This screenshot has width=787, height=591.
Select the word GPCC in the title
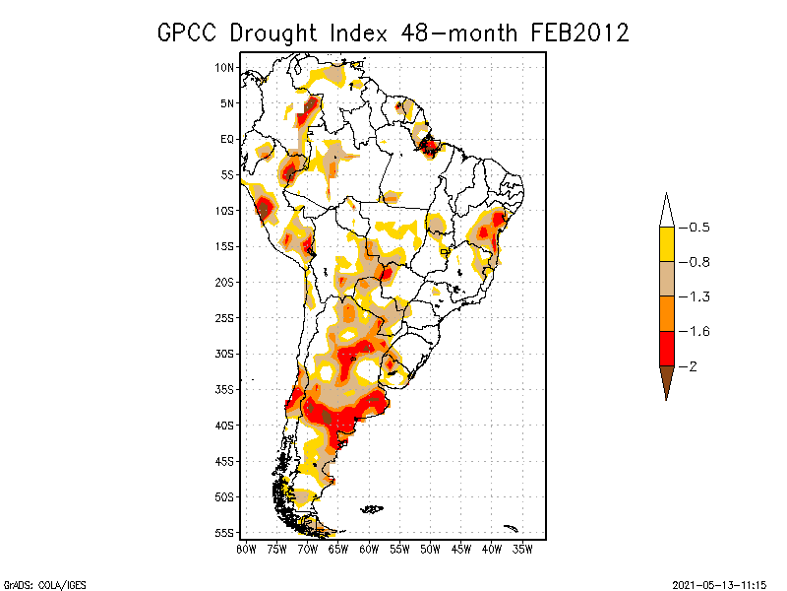[189, 33]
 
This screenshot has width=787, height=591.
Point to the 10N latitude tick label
[225, 68]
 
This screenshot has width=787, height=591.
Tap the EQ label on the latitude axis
[227, 139]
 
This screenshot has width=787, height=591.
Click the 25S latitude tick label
[225, 318]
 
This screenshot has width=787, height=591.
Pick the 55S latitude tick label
[225, 533]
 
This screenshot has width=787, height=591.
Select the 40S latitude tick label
[225, 426]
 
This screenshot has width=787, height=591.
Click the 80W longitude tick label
[246, 548]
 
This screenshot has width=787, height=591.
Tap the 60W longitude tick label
[369, 548]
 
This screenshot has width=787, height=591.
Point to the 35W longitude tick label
[522, 548]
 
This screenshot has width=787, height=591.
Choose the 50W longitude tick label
[430, 548]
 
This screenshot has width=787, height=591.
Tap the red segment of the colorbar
[666, 348]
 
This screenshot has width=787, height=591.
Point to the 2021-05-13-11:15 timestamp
[719, 584]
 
